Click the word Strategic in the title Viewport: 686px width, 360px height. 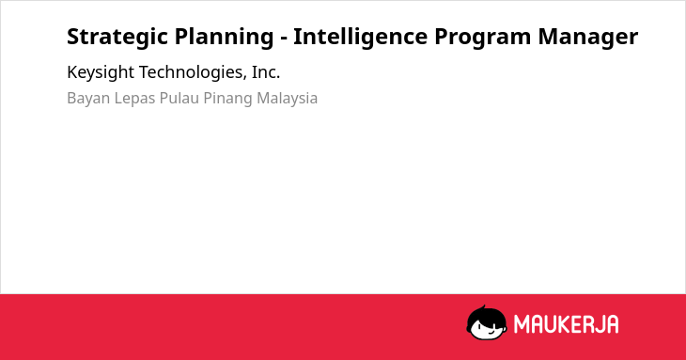(117, 38)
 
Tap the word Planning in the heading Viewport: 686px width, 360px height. (224, 38)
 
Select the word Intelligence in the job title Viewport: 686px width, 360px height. (360, 38)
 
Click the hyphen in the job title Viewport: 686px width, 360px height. (284, 39)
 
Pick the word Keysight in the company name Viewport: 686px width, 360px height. (101, 73)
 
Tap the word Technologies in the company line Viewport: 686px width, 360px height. (193, 73)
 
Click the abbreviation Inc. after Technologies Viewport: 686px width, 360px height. (266, 72)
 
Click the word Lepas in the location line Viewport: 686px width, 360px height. (134, 99)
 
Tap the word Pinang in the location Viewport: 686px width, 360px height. (227, 99)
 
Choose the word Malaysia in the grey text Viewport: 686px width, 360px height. (287, 99)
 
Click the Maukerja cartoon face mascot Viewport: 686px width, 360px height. (487, 323)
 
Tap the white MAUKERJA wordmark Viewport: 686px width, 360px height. (566, 324)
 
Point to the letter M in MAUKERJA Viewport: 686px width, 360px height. (522, 324)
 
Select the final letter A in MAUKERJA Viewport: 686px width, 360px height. (612, 324)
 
